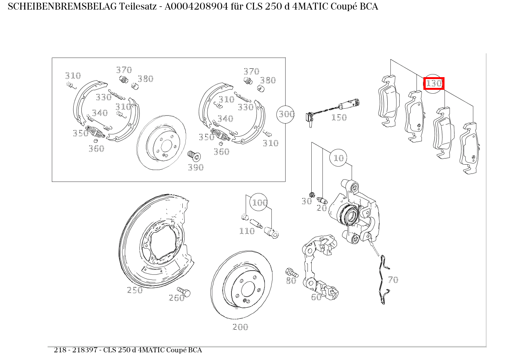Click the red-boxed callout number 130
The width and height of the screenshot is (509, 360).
point(434,83)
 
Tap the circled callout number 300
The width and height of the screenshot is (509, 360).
point(286,114)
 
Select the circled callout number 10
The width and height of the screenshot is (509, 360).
point(338,158)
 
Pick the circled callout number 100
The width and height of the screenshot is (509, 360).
point(259,202)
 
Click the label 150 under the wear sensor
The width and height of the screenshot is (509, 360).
point(339,118)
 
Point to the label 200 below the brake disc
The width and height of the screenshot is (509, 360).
point(240,327)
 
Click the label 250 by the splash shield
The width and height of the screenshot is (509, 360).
point(135,290)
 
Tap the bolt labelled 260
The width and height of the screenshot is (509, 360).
point(184,292)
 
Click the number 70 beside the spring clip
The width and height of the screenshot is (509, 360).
point(393,280)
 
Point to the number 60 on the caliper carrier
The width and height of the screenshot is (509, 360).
point(316,297)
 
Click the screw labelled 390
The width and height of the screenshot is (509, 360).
point(194,156)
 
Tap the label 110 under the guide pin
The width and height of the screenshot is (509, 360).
point(247,231)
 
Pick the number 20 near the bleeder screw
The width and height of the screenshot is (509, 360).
point(322,208)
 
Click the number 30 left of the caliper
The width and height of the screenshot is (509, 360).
point(307,201)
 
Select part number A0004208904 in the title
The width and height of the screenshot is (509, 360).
point(196,7)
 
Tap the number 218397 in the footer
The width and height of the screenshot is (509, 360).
point(85,350)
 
